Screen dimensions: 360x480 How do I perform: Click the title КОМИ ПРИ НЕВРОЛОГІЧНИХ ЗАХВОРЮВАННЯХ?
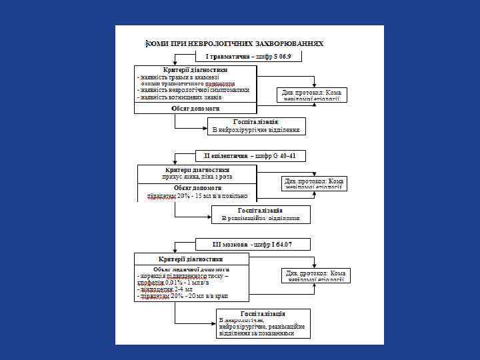[235, 43]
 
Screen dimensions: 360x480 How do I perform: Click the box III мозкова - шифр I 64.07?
[251, 245]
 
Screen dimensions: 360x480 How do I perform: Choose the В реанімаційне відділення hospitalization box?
[261, 214]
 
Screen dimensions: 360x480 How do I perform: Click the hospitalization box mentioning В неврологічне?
[262, 323]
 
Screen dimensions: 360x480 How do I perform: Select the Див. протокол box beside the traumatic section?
[313, 95]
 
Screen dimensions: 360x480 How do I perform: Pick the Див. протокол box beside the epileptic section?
[314, 183]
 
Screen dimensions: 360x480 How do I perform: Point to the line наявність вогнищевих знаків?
[175, 97]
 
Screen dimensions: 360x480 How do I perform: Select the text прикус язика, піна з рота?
[196, 177]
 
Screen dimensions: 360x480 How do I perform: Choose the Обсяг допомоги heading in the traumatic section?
[195, 108]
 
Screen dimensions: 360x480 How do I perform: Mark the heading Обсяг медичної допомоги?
[191, 269]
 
